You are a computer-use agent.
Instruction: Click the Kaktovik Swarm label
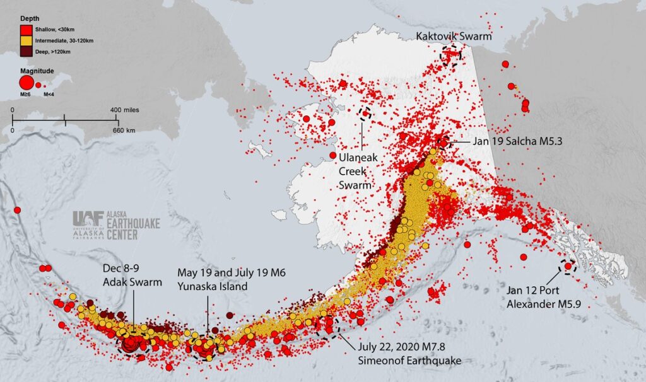(x=453, y=37)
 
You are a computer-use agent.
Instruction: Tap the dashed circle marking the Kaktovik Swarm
(x=451, y=54)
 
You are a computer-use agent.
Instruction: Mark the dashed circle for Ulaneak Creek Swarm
(x=365, y=114)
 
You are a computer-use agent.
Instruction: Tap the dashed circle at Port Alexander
(x=567, y=267)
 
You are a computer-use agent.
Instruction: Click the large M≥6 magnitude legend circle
(x=26, y=83)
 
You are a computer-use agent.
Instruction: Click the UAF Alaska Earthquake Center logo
(x=116, y=224)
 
